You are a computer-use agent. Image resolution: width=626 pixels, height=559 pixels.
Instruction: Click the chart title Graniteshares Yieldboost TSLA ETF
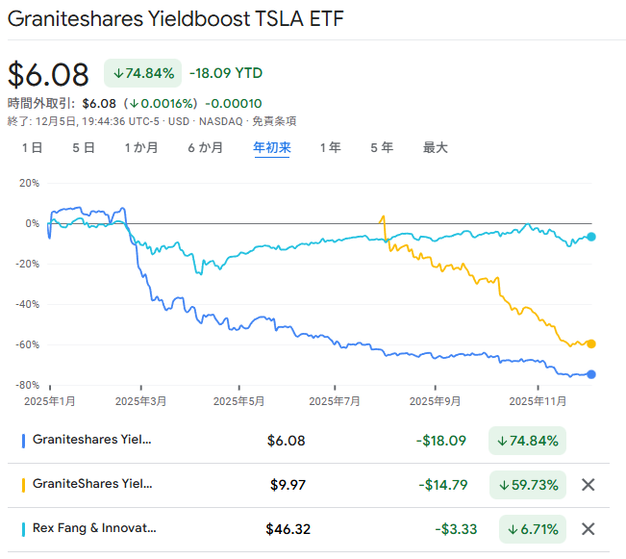point(175,19)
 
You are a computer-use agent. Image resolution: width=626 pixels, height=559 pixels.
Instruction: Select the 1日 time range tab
point(32,148)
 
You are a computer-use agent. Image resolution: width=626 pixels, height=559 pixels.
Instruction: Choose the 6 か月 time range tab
point(205,148)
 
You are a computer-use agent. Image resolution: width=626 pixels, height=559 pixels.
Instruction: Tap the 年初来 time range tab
point(271,148)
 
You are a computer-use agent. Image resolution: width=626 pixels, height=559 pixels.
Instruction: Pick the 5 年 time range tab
point(381,148)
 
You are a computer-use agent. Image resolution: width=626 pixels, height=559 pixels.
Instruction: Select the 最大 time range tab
point(436,148)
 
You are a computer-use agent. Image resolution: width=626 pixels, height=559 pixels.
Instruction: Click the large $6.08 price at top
point(48,74)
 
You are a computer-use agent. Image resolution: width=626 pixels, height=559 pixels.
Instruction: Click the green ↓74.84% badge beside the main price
point(142,73)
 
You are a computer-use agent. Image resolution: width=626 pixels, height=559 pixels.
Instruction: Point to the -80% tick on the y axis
point(27,385)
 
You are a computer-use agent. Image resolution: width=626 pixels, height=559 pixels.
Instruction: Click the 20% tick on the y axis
point(29,183)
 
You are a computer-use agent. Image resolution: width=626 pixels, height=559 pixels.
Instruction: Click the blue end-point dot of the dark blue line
point(591,374)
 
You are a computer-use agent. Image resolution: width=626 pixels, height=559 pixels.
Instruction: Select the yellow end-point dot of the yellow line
point(591,343)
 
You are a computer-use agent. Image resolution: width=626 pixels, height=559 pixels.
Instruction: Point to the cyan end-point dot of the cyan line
point(591,237)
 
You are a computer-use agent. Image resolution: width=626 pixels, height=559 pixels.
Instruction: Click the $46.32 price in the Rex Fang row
point(288,528)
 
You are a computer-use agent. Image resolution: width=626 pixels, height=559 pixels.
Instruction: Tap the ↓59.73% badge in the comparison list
point(528,485)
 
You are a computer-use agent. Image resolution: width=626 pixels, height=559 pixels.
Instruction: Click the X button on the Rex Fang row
point(588,528)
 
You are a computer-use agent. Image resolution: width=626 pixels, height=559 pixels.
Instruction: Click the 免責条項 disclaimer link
point(274,121)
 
